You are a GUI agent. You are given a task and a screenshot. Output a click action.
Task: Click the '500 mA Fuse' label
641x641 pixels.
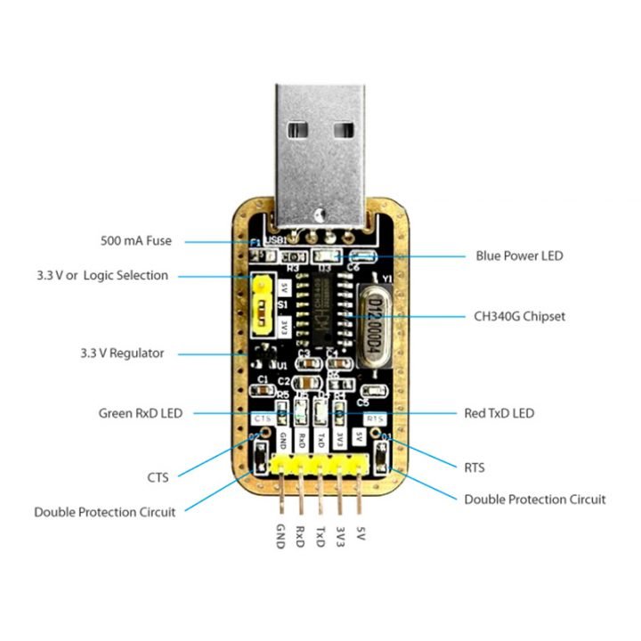[136, 240]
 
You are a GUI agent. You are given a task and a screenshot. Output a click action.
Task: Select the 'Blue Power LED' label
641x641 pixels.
[519, 256]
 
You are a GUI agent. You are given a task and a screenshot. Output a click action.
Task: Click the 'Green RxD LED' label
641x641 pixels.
[140, 413]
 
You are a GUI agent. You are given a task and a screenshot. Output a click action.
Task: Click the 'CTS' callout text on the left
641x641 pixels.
[159, 476]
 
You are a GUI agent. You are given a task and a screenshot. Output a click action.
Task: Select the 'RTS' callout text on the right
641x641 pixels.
[475, 467]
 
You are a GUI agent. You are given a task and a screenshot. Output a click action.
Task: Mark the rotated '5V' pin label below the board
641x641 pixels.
[360, 534]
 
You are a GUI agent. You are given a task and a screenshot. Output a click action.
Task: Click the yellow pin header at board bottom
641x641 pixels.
[320, 464]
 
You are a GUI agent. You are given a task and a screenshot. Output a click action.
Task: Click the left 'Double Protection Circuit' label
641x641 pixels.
[104, 512]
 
